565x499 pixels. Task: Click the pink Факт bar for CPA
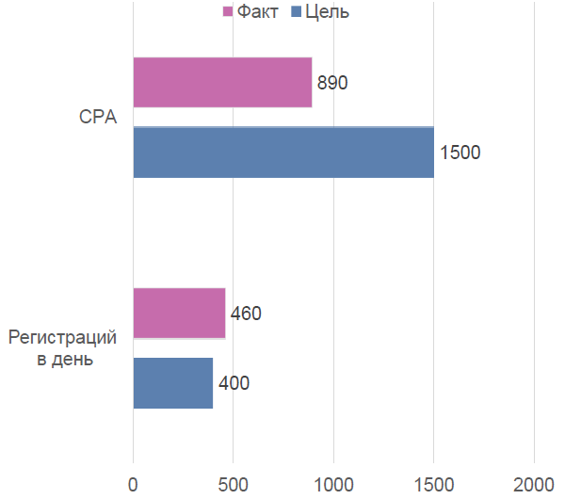point(222,82)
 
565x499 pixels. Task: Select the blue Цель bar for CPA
point(283,152)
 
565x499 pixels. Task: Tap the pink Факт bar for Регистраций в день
point(179,313)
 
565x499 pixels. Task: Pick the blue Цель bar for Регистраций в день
point(173,382)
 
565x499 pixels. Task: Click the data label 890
point(332,83)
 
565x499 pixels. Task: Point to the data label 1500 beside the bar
point(460,153)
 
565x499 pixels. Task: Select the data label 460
point(246,314)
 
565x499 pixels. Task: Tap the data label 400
point(234,383)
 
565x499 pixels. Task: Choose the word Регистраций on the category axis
point(63,337)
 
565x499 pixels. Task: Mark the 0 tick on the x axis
point(133,484)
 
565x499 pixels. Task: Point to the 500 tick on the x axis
point(233,484)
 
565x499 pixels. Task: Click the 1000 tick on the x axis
point(333,484)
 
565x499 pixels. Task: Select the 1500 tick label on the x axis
point(433,484)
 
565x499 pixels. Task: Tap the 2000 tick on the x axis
point(534,484)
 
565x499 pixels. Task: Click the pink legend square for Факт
point(227,12)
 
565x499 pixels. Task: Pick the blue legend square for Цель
point(297,12)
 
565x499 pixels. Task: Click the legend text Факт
point(258,12)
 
